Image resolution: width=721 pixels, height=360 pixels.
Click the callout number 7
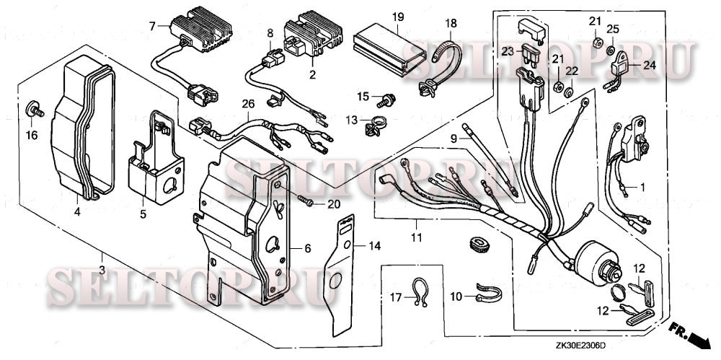152,27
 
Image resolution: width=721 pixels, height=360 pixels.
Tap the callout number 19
397,17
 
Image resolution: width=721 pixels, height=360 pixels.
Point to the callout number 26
249,104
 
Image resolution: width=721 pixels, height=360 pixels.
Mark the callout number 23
507,51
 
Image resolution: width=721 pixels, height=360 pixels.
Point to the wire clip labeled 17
417,291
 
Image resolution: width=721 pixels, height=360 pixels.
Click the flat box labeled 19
389,48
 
